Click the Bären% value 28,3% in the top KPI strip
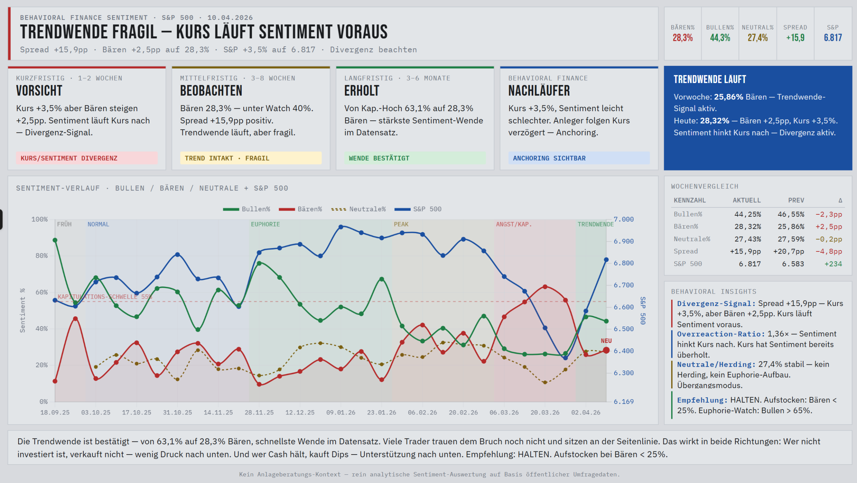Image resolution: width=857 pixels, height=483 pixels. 683,38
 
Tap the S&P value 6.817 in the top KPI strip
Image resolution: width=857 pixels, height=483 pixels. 833,38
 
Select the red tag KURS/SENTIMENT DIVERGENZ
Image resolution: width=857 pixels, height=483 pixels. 69,158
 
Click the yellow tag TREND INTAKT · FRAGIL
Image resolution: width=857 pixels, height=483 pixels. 227,158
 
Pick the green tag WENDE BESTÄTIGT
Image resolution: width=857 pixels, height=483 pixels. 379,158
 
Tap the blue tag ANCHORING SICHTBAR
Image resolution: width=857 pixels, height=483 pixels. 549,158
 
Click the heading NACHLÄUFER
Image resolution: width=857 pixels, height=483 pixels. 539,91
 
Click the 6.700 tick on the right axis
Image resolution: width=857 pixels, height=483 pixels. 624,285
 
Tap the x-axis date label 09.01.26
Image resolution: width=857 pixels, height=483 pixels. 341,412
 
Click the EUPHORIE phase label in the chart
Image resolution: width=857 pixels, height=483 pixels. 265,224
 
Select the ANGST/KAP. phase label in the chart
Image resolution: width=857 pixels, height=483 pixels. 514,224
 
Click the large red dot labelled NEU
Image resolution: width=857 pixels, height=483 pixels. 606,350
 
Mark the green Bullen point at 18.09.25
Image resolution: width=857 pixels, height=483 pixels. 55,240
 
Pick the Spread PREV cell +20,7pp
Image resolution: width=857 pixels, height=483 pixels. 788,251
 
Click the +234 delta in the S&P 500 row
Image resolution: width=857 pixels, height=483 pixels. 833,264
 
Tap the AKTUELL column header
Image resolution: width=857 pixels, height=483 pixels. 747,200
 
